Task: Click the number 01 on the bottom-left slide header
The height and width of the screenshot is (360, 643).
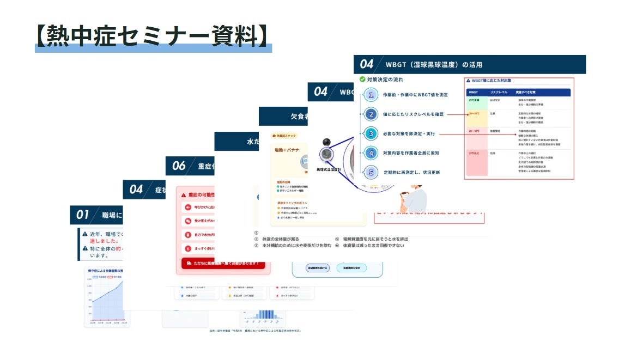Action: click(82, 215)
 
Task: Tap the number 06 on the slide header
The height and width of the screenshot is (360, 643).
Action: click(179, 166)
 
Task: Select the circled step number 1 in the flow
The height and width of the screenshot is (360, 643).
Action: click(371, 95)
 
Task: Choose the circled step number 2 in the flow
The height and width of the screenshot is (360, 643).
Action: click(371, 114)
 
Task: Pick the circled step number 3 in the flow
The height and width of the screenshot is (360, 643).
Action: click(371, 133)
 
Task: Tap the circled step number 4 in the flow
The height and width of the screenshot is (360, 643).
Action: click(371, 153)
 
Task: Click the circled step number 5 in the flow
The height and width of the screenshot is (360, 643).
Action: click(371, 173)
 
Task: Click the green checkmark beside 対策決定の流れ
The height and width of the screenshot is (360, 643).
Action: click(362, 80)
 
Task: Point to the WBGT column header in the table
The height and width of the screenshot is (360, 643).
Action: click(474, 93)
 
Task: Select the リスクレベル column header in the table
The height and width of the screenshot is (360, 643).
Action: click(499, 93)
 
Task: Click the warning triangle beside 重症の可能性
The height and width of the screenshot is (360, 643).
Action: click(184, 194)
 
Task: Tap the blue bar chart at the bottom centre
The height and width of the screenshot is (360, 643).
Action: click(265, 314)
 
